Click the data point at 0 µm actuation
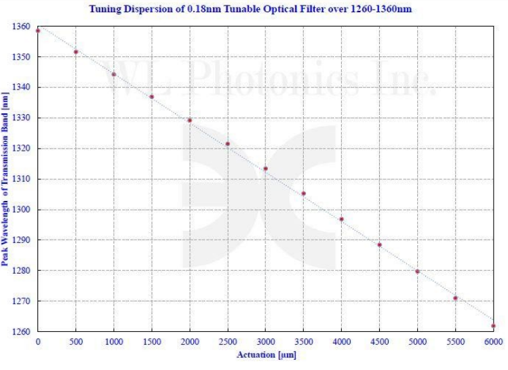point(38,31)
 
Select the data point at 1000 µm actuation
point(114,74)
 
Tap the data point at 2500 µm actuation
point(228,143)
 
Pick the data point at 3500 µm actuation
point(304,193)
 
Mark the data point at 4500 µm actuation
point(380,244)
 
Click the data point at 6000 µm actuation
point(494,326)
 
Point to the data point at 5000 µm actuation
point(418,272)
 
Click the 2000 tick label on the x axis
point(190,341)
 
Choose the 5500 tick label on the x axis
point(456,341)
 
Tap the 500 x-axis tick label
point(76,341)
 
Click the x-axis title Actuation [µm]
point(266,354)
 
